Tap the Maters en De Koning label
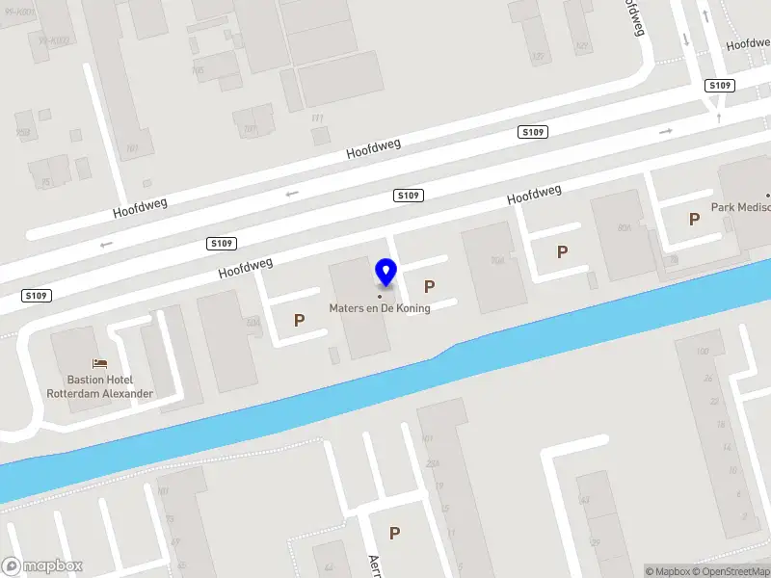click(x=380, y=308)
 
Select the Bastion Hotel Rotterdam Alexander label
click(x=100, y=386)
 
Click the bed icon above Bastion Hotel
click(x=99, y=364)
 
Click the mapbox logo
click(x=41, y=566)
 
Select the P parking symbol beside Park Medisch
click(x=694, y=220)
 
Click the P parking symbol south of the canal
click(x=394, y=533)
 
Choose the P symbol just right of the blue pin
click(x=429, y=286)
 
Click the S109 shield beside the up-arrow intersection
click(x=720, y=86)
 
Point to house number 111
click(x=317, y=118)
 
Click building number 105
click(x=199, y=70)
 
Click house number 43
click(x=584, y=500)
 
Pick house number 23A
click(x=433, y=463)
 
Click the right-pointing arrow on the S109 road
click(x=665, y=130)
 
